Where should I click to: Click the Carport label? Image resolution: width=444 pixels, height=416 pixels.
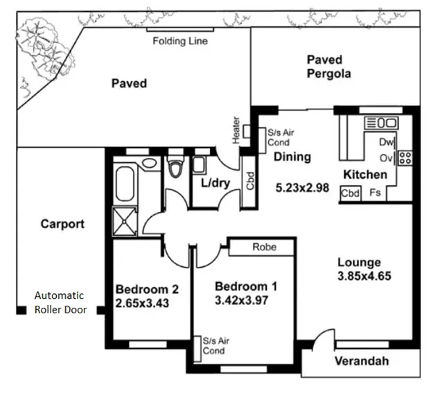pos(62,224)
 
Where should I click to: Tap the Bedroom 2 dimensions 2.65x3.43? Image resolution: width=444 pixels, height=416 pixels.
pos(142,303)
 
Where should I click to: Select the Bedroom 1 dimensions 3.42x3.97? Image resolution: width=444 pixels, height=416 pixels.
pos(242,300)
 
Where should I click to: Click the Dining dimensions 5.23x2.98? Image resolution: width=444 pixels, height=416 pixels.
pos(302,187)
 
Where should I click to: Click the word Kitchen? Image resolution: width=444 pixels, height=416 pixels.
pos(365,175)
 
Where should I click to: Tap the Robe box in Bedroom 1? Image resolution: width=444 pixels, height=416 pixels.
pos(264,247)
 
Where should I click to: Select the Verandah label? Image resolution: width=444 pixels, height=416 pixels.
pos(361,361)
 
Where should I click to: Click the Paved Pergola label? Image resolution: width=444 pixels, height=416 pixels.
pos(328,67)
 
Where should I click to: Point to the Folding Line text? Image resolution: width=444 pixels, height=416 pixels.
pos(180,42)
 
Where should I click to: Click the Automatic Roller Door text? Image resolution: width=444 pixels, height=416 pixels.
pos(60,302)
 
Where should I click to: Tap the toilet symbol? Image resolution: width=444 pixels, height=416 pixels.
pos(175,168)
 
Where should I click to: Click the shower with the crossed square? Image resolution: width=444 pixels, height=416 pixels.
pos(126,221)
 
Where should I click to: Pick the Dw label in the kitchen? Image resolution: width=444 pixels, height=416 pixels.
pos(387,142)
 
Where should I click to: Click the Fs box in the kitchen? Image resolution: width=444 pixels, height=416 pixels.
pos(375,193)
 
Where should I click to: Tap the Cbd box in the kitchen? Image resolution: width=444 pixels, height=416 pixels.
pos(350,193)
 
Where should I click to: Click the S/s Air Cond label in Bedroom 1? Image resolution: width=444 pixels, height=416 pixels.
pos(214,346)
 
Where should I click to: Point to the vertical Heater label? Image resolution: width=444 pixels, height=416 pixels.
pos(236,130)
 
